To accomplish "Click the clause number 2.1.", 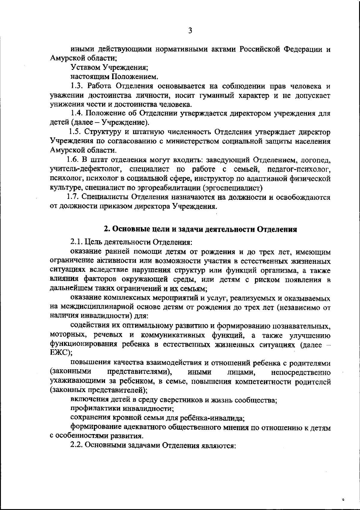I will coord(76,242).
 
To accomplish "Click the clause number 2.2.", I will coord(77,445).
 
